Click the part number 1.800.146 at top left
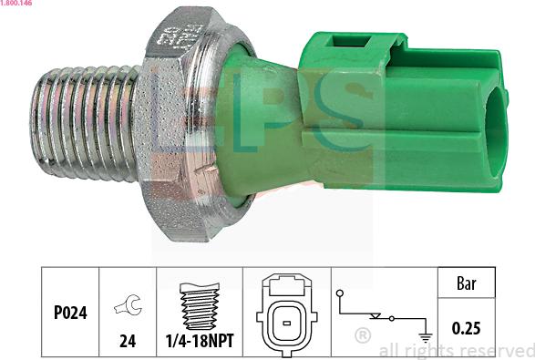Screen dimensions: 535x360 16,3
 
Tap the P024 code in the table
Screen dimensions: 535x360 70,313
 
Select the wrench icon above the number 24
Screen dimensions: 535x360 129,304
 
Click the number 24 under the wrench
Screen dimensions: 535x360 128,341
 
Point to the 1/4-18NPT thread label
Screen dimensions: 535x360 200,341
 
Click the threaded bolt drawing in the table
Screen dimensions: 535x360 200,306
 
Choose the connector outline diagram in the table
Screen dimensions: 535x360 286,314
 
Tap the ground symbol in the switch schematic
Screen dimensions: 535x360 426,338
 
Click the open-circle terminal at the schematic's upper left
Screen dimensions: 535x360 339,293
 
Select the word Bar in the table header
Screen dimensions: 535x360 466,283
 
